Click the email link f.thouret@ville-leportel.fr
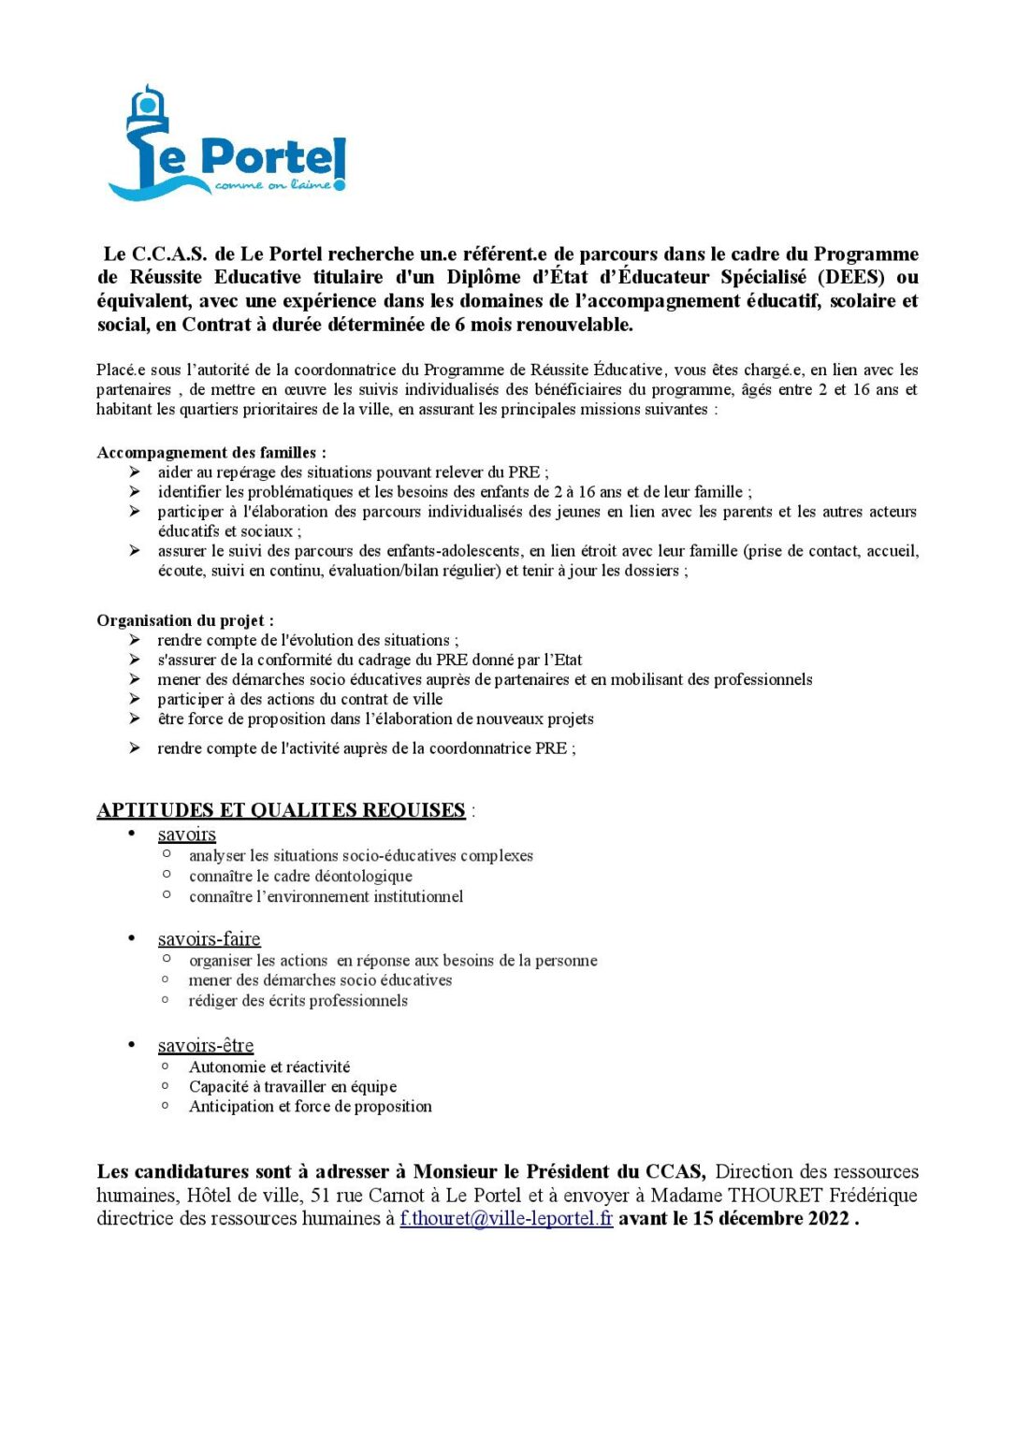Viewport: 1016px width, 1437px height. coord(506,1219)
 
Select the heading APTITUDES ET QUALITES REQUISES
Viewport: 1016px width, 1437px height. coord(281,810)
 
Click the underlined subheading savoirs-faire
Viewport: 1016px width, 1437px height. coord(209,939)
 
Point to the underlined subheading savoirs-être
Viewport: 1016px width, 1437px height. coord(206,1046)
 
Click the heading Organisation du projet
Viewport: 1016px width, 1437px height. coord(184,620)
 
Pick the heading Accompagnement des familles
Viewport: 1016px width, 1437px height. coord(210,453)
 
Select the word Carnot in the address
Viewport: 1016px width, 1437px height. coord(397,1196)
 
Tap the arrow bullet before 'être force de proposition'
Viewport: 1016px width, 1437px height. coord(136,718)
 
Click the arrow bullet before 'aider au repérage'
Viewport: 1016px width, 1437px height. coord(136,472)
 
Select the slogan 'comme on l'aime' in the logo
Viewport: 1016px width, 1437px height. coord(272,185)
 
